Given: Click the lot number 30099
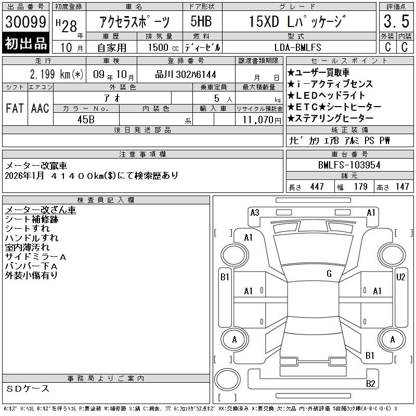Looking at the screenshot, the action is coord(25,21).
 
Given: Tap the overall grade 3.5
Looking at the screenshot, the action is coord(396,21).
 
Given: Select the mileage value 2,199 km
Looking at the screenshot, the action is coord(50,74).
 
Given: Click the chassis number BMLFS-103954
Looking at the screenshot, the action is coord(349,165).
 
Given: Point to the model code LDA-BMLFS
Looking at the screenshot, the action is coord(297,47).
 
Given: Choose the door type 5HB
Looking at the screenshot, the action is coord(201,21).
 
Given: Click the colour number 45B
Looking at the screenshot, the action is coord(86,120).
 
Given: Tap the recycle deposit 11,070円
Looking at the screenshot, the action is coord(262,120).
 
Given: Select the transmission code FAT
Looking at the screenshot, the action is coord(15,108).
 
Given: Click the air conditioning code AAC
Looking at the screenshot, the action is coord(40,108).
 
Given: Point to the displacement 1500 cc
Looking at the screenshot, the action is coord(163,47).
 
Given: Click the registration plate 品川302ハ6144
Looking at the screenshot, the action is coord(186,74).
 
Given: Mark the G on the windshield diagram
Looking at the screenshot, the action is coord(329,274).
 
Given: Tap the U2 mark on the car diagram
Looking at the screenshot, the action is coord(400,277).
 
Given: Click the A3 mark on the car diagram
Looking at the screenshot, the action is coord(255,213).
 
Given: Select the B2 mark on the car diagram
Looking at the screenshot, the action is coord(370,384).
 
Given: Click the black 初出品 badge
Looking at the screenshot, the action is coord(25,43).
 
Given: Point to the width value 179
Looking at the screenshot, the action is coord(360,187).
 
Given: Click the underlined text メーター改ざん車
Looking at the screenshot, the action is coord(41,210).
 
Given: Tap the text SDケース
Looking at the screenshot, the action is coord(28,388).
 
